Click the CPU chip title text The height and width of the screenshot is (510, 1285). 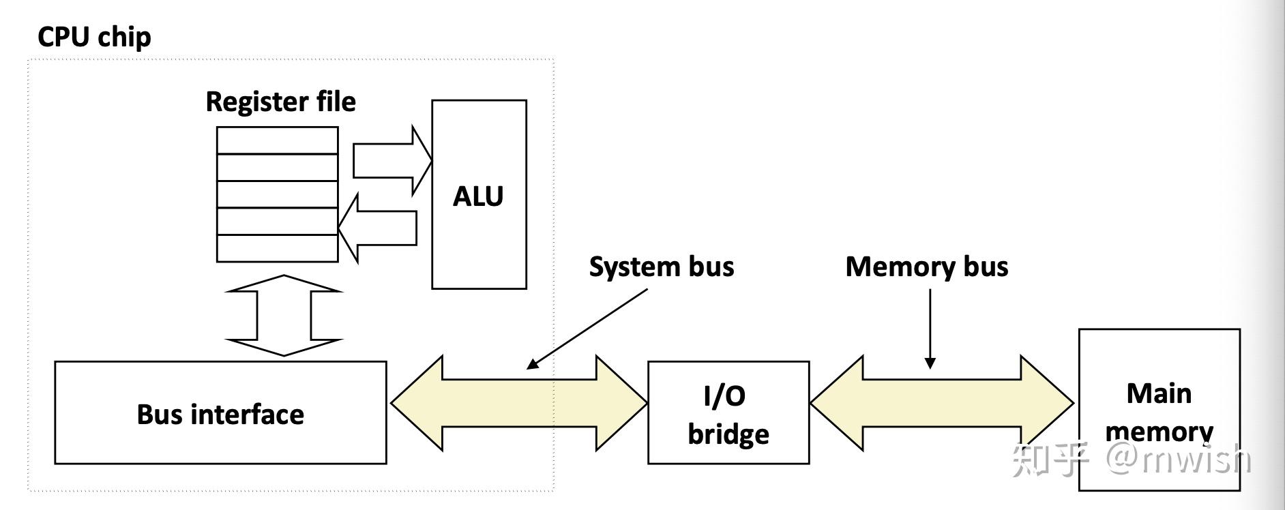pyautogui.click(x=94, y=37)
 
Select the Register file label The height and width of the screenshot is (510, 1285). pyautogui.click(x=280, y=102)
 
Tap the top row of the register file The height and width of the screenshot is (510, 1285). pyautogui.click(x=277, y=140)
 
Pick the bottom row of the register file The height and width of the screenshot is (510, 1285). pyautogui.click(x=277, y=248)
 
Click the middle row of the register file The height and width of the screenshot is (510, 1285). pyautogui.click(x=277, y=194)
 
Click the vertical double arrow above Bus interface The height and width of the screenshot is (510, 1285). pyautogui.click(x=284, y=315)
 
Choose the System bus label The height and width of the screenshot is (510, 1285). pyautogui.click(x=662, y=267)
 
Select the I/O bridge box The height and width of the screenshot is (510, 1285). pyautogui.click(x=728, y=413)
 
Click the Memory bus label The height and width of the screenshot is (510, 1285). pyautogui.click(x=926, y=267)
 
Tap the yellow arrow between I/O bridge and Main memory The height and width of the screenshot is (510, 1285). pyautogui.click(x=941, y=403)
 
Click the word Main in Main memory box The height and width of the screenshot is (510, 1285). pyautogui.click(x=1159, y=393)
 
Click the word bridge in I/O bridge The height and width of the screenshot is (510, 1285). pyautogui.click(x=728, y=434)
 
